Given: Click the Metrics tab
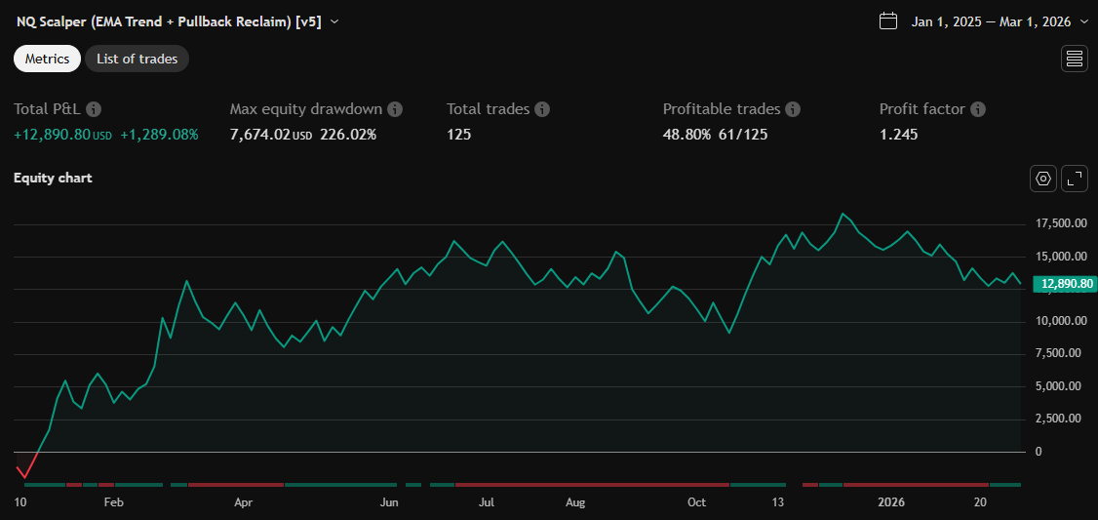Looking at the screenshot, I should [47, 59].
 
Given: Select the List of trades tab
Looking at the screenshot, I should [137, 59].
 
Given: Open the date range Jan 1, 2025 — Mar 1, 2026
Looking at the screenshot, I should [991, 21].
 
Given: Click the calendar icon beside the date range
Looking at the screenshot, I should [887, 21].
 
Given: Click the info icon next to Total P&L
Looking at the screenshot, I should [94, 109].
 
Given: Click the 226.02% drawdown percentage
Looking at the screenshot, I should [348, 135].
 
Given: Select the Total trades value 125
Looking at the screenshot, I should [459, 135].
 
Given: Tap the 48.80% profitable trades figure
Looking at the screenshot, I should [686, 135].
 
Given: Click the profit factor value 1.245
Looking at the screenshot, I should [898, 135].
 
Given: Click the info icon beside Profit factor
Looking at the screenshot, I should [978, 109].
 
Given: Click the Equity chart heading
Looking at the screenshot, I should [53, 179].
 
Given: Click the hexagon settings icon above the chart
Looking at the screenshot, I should [1043, 179].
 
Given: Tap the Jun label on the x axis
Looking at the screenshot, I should [389, 502].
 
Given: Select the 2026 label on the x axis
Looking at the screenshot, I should [891, 502].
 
